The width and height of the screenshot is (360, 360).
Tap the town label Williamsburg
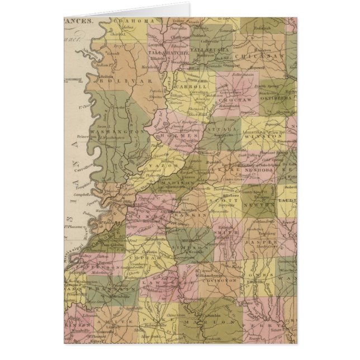coord(210,274)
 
